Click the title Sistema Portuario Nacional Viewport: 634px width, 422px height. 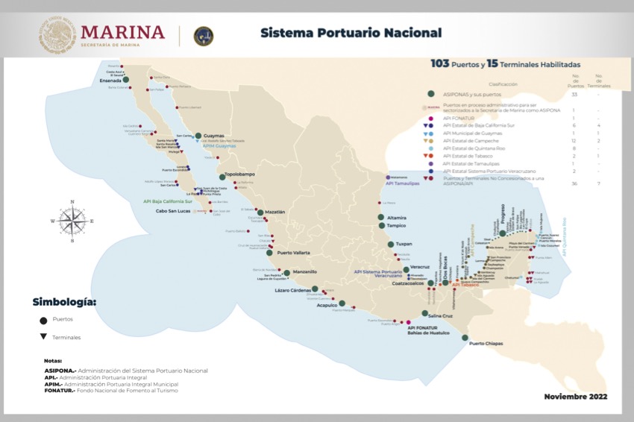(351, 33)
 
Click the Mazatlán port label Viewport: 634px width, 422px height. (275, 212)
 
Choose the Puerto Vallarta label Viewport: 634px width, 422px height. (293, 253)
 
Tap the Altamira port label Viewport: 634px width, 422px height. (397, 217)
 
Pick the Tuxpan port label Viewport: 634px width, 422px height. (404, 244)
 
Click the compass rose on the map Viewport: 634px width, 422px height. (72, 221)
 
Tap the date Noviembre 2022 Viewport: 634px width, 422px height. (575, 396)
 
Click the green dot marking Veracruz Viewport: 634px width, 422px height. (406, 269)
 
